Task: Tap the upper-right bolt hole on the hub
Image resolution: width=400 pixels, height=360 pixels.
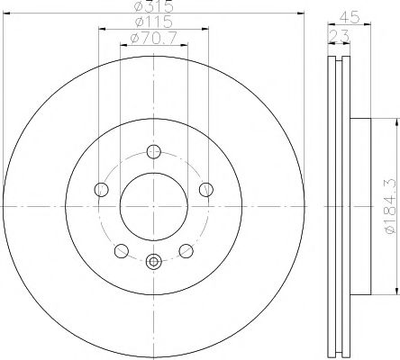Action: pos(205,188)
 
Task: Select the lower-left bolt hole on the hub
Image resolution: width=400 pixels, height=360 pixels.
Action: pos(122,248)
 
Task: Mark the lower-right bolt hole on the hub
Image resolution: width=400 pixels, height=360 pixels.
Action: pos(186,248)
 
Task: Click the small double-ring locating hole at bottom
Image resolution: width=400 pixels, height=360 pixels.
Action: pos(153,262)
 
